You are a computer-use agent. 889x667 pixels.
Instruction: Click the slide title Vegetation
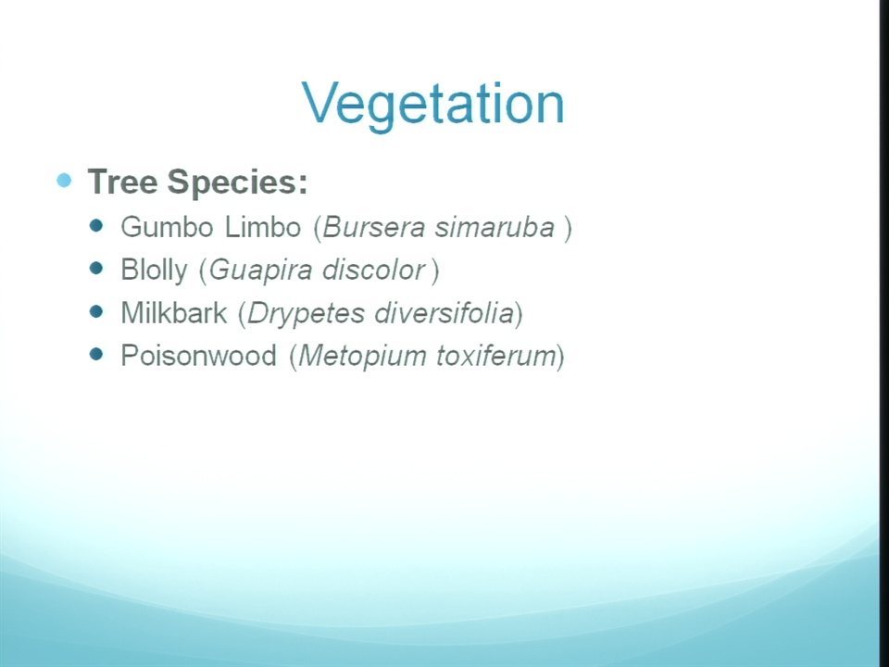point(433,105)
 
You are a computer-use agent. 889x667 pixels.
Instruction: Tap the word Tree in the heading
point(122,182)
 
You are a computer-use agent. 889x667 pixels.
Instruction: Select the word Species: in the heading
point(238,182)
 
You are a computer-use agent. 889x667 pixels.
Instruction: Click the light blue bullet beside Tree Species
point(64,181)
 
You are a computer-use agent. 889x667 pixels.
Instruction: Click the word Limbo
point(262,227)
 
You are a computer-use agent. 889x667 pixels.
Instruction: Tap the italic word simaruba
point(495,228)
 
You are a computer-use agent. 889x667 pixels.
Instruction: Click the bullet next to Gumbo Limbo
point(96,226)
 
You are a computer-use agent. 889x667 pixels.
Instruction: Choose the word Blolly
point(155,271)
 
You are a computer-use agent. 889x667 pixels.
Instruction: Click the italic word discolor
point(373,270)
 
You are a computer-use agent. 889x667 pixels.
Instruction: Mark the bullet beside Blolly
point(96,269)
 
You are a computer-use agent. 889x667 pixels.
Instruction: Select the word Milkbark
point(174,313)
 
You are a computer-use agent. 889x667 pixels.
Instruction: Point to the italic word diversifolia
point(444,313)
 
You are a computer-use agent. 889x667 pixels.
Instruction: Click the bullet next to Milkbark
point(96,311)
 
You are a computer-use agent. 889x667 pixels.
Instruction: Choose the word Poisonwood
point(198,356)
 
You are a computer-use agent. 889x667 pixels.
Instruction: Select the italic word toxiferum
point(496,356)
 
